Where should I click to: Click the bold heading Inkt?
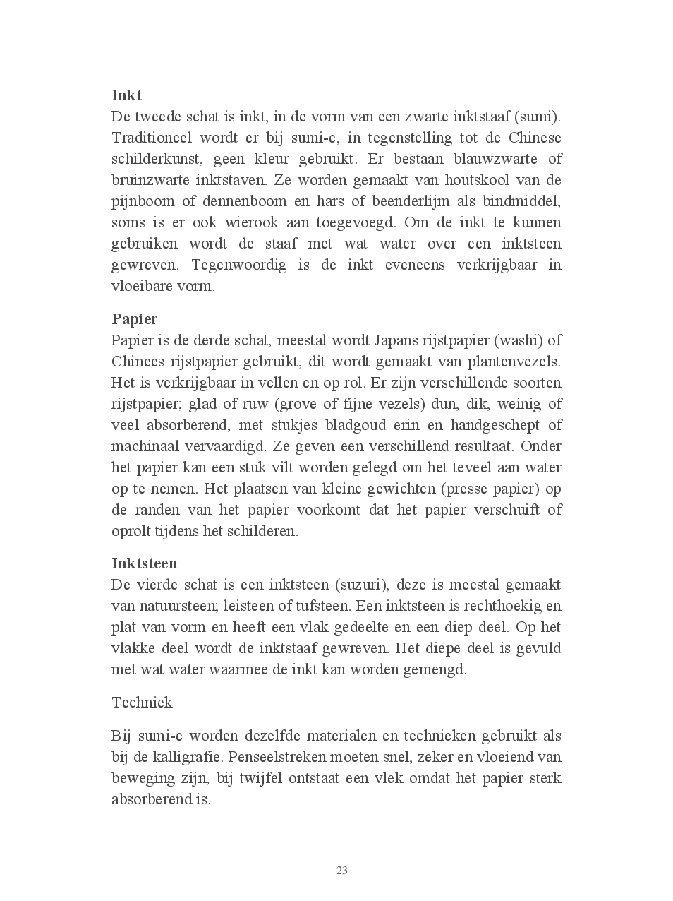pos(126,95)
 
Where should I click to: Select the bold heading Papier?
pos(134,319)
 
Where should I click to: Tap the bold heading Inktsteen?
pos(144,563)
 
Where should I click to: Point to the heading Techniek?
pos(142,703)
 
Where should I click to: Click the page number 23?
pos(342,871)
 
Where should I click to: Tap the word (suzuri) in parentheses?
pos(360,585)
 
